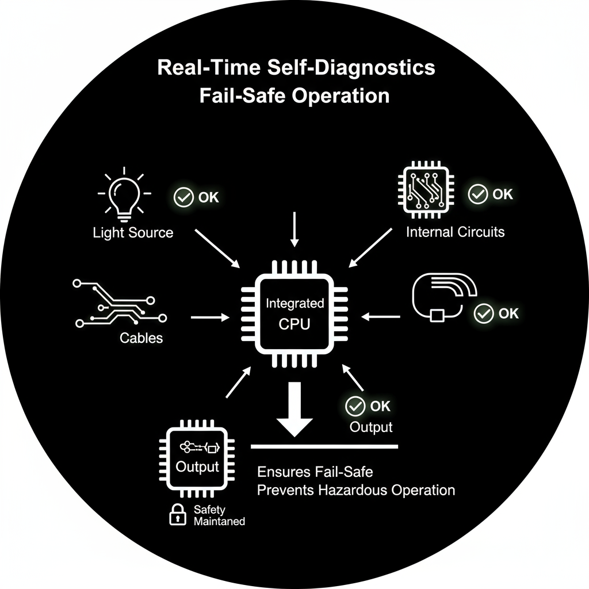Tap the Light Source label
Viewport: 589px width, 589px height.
(133, 232)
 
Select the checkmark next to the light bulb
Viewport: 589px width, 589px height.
(183, 197)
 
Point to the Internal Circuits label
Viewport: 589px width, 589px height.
(455, 232)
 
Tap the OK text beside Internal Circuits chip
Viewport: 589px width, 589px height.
(503, 194)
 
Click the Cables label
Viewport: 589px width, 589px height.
(141, 338)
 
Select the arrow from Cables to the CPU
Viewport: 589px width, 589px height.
(210, 317)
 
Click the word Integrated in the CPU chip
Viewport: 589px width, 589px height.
(294, 303)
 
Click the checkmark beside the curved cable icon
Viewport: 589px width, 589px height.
(483, 313)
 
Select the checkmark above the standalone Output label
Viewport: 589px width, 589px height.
(355, 406)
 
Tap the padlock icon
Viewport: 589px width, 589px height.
(177, 515)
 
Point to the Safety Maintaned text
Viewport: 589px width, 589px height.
(219, 515)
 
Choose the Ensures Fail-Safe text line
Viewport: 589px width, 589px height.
(315, 472)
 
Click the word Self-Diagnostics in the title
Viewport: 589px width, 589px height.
(351, 68)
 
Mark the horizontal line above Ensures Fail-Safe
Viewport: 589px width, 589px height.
(325, 446)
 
